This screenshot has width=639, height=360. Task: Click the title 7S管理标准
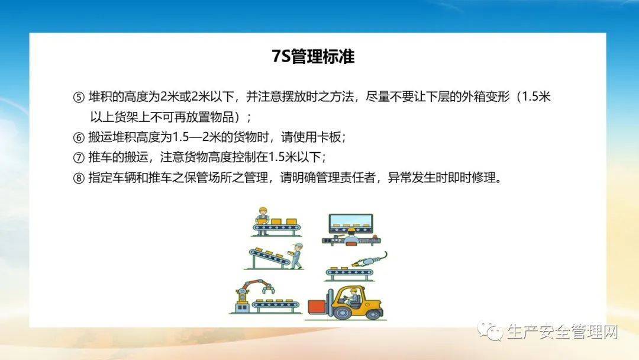(318, 57)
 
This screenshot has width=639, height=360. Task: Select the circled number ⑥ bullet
(79, 137)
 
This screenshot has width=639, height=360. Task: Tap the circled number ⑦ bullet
(79, 157)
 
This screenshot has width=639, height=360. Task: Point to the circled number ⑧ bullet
(79, 178)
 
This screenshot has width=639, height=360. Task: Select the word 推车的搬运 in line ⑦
(115, 157)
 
